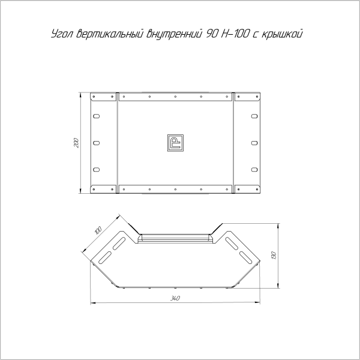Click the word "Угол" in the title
pyautogui.click(x=62, y=34)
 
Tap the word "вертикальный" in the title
pyautogui.click(x=110, y=34)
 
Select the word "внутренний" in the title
pyautogui.click(x=174, y=34)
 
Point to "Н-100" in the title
pyautogui.click(x=235, y=34)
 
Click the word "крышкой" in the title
pyautogui.click(x=282, y=34)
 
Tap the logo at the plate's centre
pyautogui.click(x=175, y=143)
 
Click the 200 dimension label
pyautogui.click(x=76, y=143)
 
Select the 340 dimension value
pyautogui.click(x=175, y=298)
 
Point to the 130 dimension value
pyautogui.click(x=274, y=256)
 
